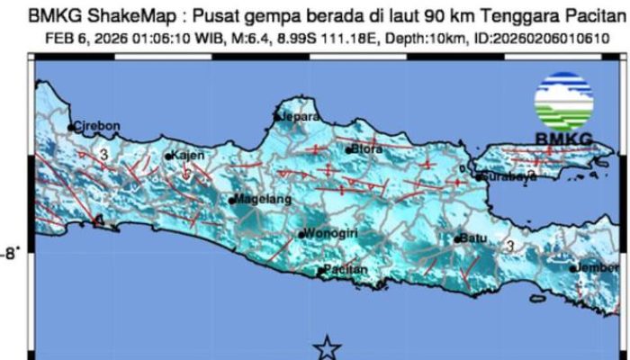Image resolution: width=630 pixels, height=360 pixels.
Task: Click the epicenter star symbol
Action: (328, 347)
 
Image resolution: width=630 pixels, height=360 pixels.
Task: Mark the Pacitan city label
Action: (346, 270)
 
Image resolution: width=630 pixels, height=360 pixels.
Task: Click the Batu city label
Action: (473, 238)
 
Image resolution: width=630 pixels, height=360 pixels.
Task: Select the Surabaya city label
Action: (510, 177)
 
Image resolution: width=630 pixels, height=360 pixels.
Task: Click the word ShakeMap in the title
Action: (113, 16)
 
